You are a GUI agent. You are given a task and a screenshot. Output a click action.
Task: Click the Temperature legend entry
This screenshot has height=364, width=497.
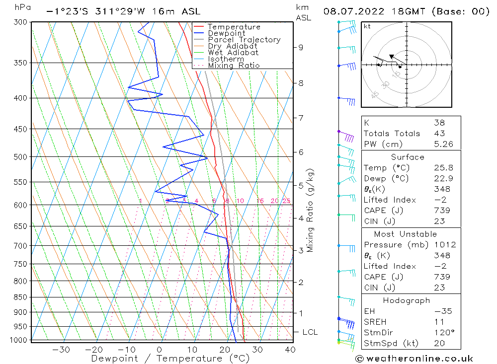[x=234, y=27]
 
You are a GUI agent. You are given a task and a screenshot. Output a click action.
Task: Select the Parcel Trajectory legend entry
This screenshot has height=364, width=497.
[x=244, y=40]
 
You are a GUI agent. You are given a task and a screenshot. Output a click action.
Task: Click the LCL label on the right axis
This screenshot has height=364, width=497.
[x=310, y=332]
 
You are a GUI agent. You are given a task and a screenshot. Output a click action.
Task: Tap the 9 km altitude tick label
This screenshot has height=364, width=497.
[x=301, y=47]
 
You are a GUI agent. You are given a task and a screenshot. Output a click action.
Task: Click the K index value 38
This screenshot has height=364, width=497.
[x=439, y=123]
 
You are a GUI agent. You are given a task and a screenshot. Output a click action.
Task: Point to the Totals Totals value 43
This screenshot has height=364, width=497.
[x=439, y=133]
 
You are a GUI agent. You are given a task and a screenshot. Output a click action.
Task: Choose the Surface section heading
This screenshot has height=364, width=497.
[x=408, y=157]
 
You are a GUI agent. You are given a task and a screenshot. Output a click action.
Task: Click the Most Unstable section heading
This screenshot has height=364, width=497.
[x=406, y=234]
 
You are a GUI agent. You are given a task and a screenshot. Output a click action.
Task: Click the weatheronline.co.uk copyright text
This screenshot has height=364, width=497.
[x=414, y=359]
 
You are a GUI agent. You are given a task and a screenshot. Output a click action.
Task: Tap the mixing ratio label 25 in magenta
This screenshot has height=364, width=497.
[x=286, y=201]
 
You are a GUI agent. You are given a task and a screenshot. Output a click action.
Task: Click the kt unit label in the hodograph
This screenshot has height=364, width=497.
[x=367, y=26]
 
